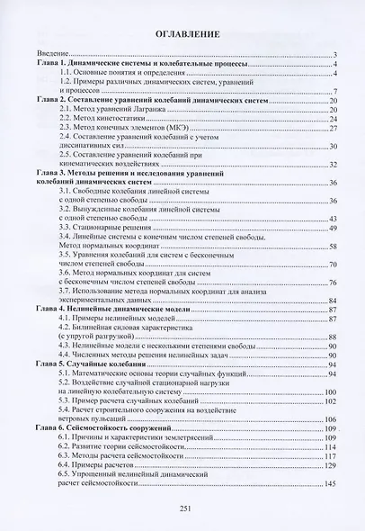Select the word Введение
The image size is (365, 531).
[x=52, y=56]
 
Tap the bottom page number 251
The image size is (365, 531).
[x=183, y=509]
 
